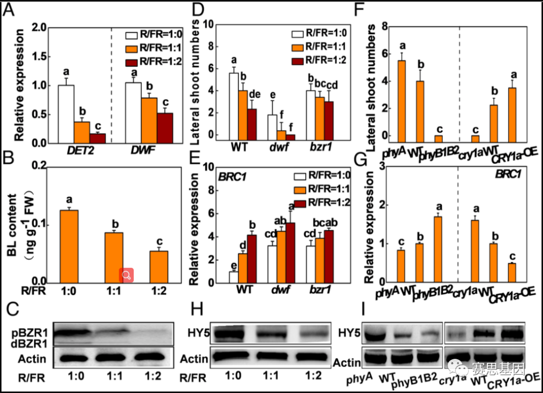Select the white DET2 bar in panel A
66,114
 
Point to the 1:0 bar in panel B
69,246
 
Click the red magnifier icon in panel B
126,275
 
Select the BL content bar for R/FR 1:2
159,266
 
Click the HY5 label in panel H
194,333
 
